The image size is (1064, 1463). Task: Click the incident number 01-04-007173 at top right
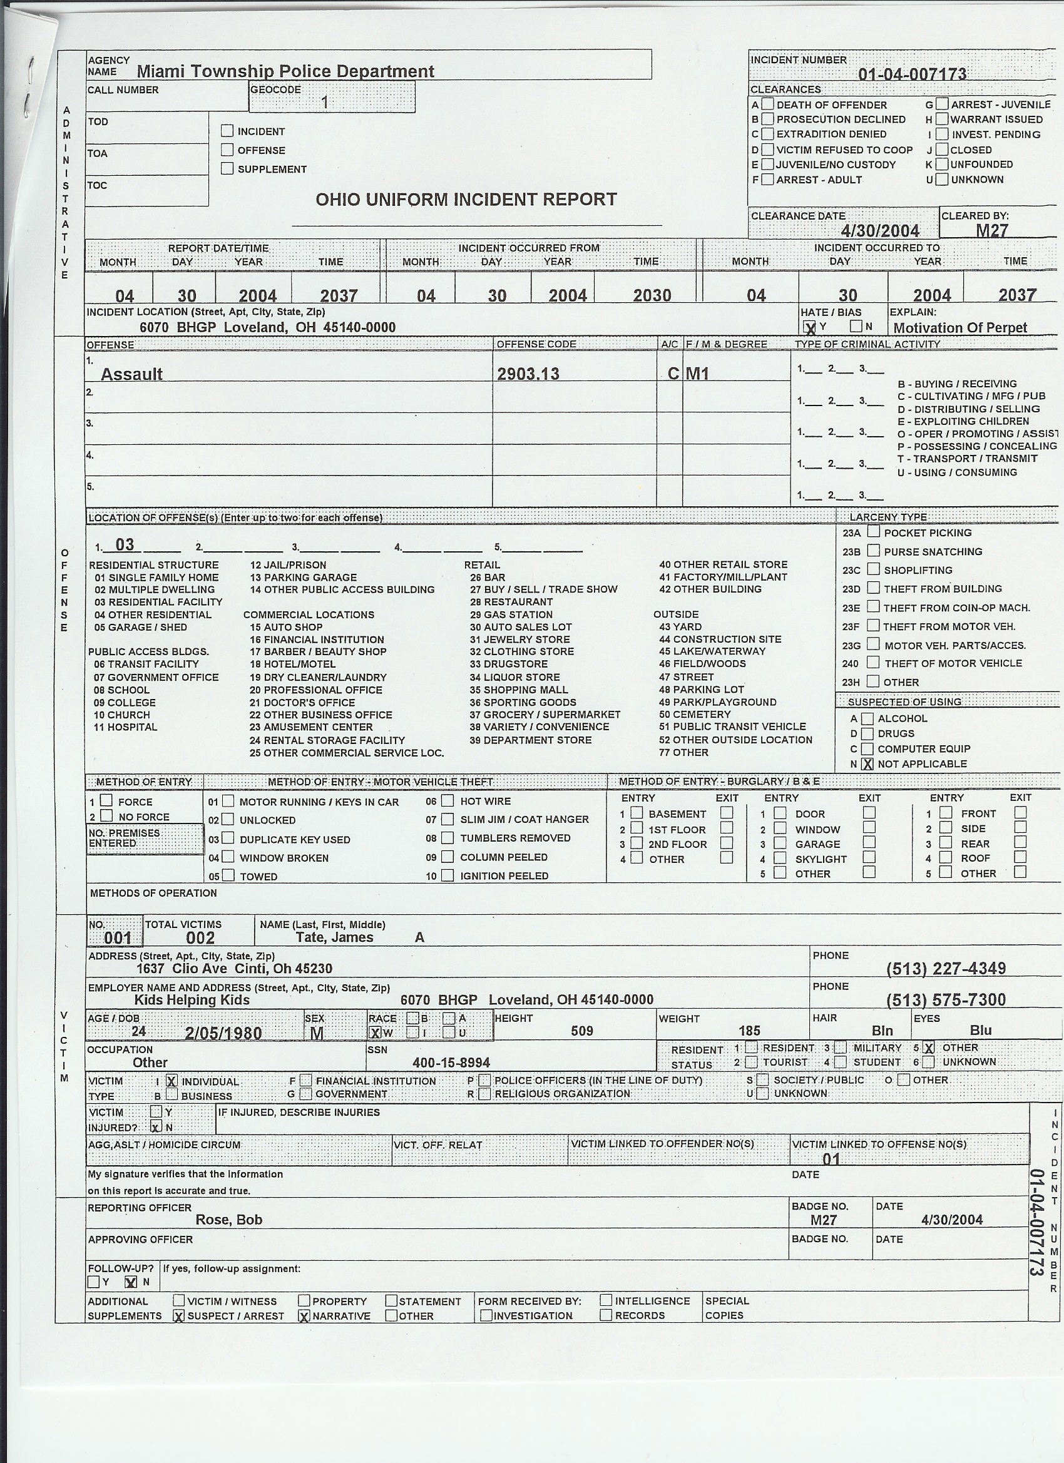[912, 74]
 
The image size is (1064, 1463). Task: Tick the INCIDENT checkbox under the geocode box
[227, 131]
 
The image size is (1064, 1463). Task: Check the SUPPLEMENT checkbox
[227, 168]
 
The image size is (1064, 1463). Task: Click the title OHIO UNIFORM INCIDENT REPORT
[466, 200]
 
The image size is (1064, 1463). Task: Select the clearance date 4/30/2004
[880, 230]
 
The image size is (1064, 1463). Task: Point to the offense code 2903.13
[528, 374]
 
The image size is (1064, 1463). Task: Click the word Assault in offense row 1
[131, 374]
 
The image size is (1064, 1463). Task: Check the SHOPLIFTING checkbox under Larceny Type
[874, 569]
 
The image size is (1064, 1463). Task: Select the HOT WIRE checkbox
[447, 801]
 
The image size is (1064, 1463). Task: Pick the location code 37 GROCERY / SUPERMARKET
[545, 715]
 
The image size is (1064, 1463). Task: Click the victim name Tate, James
[334, 937]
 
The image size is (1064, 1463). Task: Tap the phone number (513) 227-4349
[945, 968]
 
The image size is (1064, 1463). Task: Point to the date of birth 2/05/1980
[223, 1032]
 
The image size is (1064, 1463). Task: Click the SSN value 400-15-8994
[451, 1063]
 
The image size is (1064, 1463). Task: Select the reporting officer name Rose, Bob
[229, 1219]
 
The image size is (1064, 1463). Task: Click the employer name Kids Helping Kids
[192, 1000]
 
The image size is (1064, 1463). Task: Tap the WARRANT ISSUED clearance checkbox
[942, 120]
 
